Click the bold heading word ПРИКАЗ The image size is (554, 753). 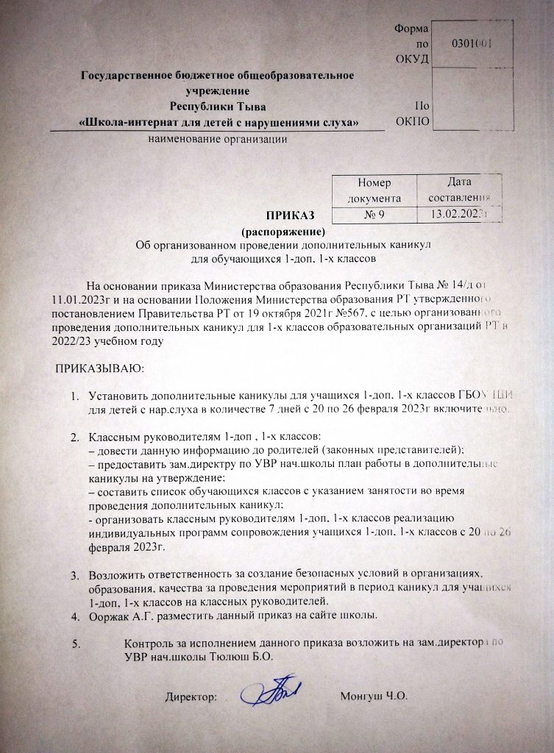[290, 215]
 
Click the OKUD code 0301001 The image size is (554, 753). [472, 43]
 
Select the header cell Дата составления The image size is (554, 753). [458, 189]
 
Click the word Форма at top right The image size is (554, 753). [409, 28]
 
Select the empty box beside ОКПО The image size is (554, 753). [472, 99]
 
